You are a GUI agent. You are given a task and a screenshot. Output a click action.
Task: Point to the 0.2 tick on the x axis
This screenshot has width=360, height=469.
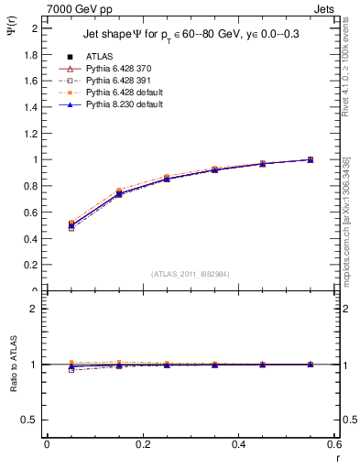(142, 444)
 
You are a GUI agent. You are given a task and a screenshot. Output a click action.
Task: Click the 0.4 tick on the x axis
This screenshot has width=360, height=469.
(238, 444)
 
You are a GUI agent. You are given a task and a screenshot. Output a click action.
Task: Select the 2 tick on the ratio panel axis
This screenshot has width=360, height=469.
(35, 309)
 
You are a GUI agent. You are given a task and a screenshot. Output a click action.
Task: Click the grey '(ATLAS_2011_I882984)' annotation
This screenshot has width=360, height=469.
(190, 273)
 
